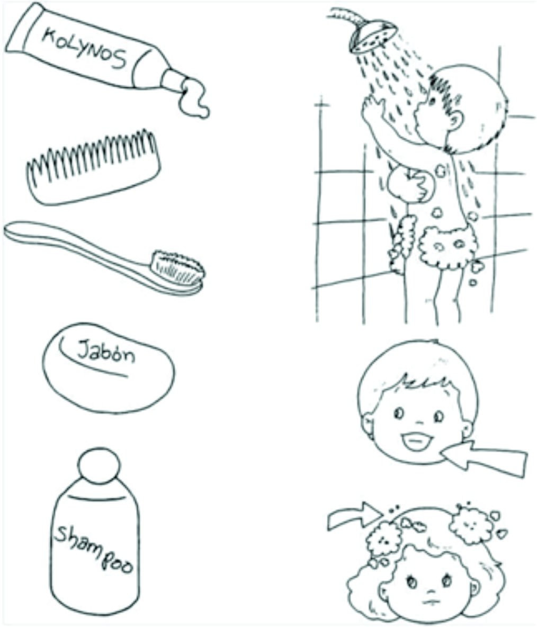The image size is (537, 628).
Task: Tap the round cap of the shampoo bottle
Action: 99,466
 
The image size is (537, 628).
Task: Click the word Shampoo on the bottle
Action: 94,549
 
